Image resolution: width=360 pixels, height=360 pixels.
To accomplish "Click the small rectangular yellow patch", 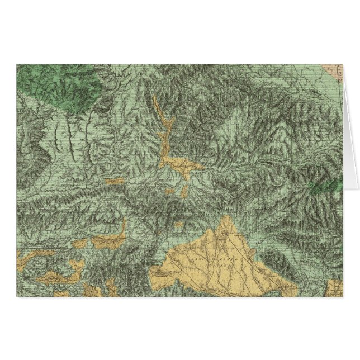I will click(116, 181).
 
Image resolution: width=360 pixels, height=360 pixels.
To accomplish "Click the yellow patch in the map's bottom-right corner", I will click(335, 287).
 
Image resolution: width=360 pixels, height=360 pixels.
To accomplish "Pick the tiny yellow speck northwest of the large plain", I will click(178, 225).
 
